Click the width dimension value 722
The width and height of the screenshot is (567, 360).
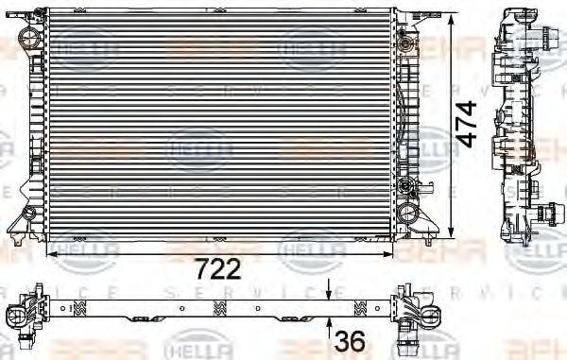click(x=219, y=268)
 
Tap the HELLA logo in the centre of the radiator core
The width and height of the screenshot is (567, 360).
click(x=199, y=149)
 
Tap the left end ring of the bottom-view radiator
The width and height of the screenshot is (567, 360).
click(x=18, y=312)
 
